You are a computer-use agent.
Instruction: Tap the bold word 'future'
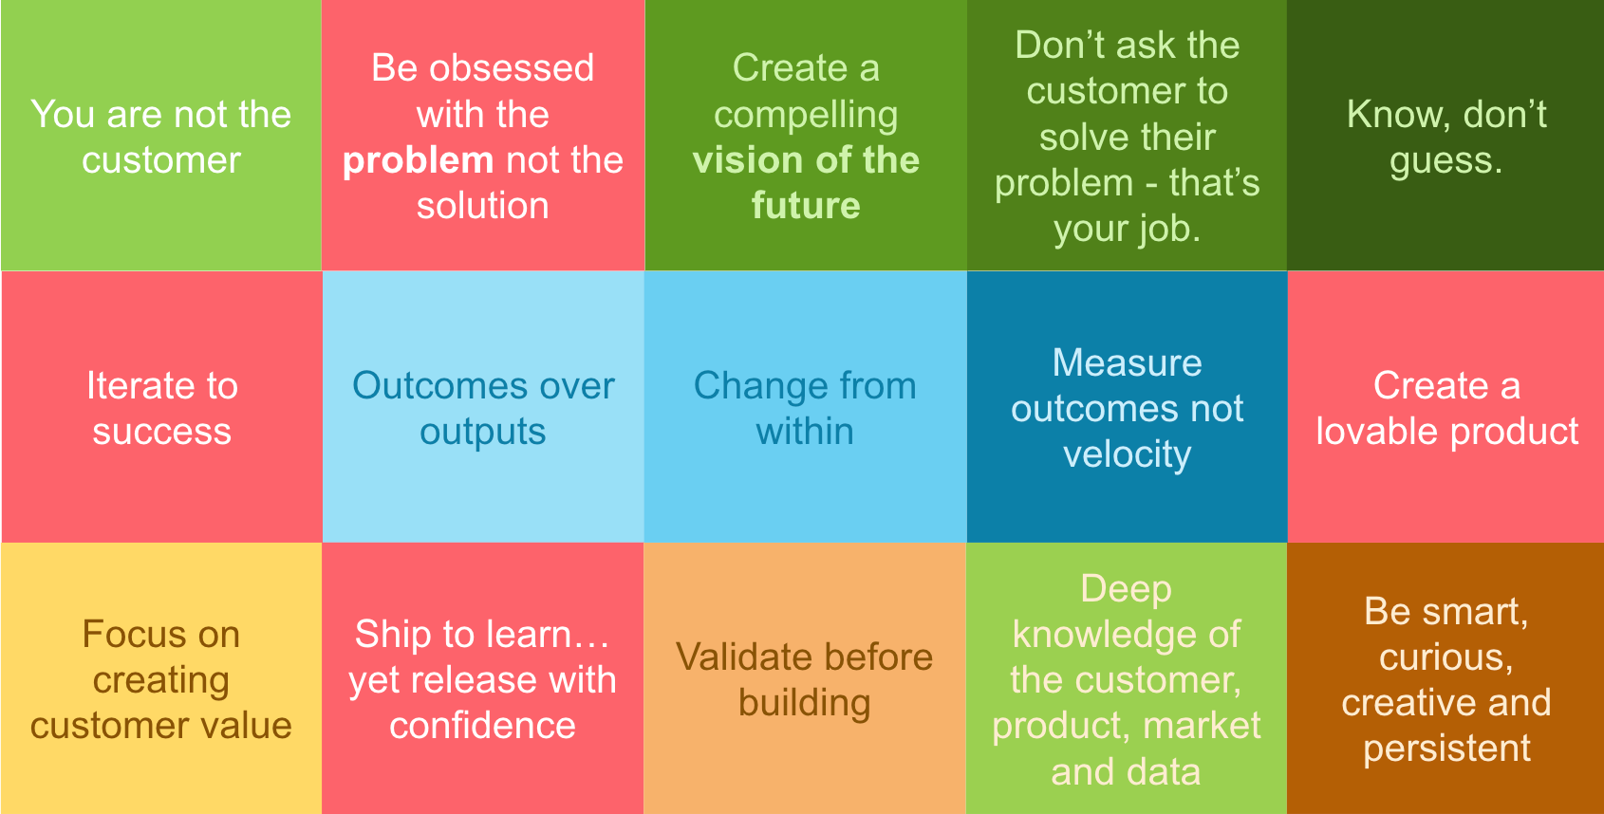tap(806, 206)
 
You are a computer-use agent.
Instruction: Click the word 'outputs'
tap(483, 434)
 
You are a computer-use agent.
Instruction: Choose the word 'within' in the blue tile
tap(805, 432)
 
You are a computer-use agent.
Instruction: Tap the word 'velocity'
tap(1128, 455)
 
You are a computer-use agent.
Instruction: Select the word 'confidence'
tap(483, 726)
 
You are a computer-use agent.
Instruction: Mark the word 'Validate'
tap(744, 657)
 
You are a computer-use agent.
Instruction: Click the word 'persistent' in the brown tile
tap(1446, 749)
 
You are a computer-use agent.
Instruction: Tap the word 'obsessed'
tap(512, 68)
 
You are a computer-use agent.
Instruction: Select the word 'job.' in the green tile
tap(1162, 231)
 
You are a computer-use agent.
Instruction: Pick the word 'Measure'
tap(1128, 363)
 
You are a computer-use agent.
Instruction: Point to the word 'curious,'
tap(1446, 657)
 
